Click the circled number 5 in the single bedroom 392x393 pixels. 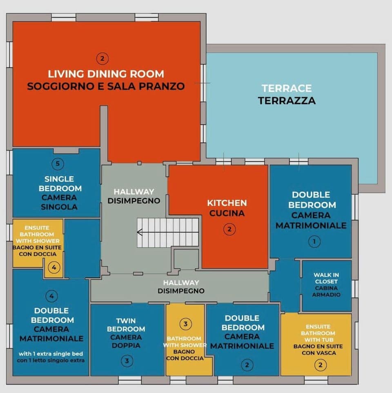(58, 164)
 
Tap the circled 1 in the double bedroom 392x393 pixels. (314, 241)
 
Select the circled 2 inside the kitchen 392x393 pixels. (229, 230)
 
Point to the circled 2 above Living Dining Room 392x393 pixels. (102, 58)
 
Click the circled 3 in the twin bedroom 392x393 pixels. (127, 361)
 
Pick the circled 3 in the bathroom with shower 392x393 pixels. (185, 324)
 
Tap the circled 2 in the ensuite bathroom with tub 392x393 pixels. (320, 365)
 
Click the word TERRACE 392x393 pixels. (286, 88)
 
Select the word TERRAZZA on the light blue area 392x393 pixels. (286, 100)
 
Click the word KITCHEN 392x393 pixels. (227, 203)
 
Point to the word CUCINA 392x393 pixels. (227, 213)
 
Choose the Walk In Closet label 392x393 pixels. (326, 285)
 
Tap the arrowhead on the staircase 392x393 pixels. (139, 232)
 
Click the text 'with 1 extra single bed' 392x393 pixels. (51, 353)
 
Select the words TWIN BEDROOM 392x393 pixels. (126, 325)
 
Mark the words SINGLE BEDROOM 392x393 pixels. (59, 184)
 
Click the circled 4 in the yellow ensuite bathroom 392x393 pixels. (53, 268)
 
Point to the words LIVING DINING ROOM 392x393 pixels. (106, 74)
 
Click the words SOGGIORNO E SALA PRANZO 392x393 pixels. (106, 86)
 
